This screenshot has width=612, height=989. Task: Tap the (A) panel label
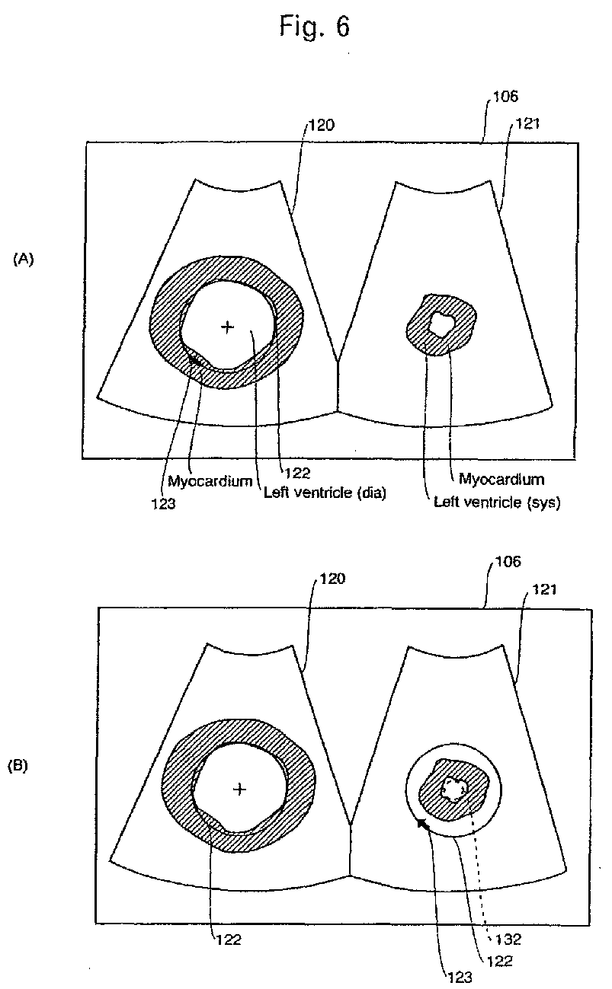[24, 260]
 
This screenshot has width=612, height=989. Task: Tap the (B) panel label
[18, 766]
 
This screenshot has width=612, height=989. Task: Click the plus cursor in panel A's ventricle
[226, 327]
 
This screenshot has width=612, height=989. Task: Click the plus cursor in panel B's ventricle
[239, 790]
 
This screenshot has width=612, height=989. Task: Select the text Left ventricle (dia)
[325, 492]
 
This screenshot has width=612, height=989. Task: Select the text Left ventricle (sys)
[497, 502]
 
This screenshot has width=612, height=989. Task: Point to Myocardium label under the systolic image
[501, 479]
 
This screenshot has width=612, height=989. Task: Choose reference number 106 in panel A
[505, 97]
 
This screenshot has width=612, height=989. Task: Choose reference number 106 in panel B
[505, 562]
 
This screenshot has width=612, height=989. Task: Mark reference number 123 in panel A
[165, 502]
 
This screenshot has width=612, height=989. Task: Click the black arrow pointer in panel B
[422, 824]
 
